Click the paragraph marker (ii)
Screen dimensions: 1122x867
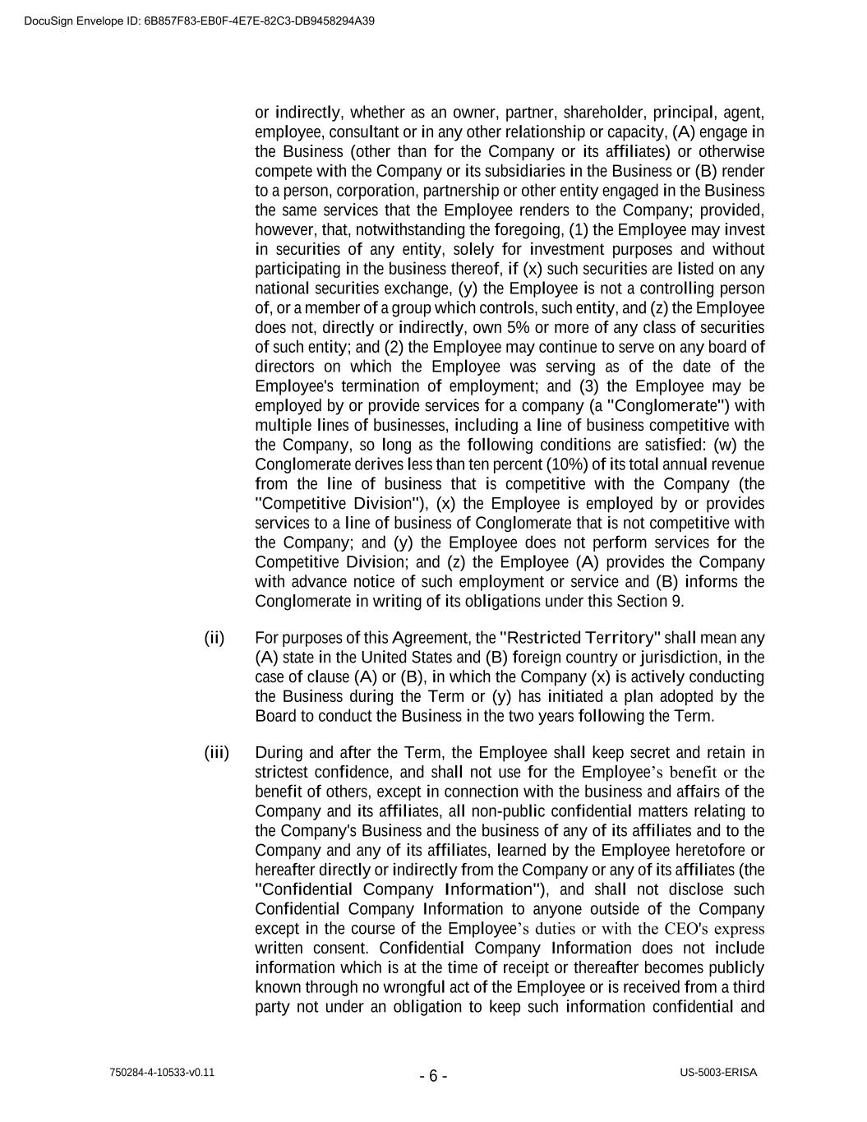click(214, 638)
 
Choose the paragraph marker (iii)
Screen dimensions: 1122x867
click(217, 753)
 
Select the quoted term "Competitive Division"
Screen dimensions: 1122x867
click(344, 504)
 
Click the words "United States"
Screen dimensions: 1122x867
click(405, 658)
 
